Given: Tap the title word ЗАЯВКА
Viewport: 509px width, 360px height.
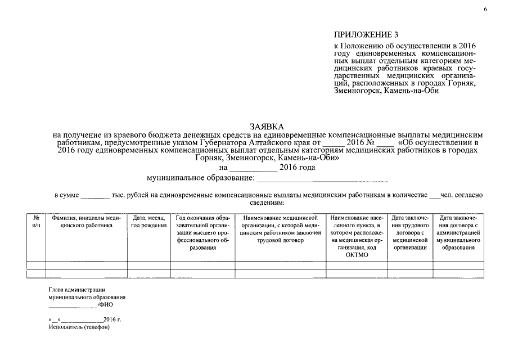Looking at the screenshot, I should pyautogui.click(x=268, y=127).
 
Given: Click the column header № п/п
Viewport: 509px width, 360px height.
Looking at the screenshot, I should pyautogui.click(x=36, y=221).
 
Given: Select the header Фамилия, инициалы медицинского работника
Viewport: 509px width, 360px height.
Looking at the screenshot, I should pyautogui.click(x=86, y=221).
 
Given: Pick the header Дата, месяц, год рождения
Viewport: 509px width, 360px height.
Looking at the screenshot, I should pyautogui.click(x=148, y=221).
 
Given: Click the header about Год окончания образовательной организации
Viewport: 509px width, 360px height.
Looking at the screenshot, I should pyautogui.click(x=203, y=232).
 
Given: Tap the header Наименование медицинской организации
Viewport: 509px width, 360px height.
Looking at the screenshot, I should pyautogui.click(x=280, y=228).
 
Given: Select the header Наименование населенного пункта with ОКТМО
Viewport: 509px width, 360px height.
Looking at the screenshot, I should pyautogui.click(x=357, y=236).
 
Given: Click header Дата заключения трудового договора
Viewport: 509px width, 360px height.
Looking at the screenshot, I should pyautogui.click(x=410, y=232).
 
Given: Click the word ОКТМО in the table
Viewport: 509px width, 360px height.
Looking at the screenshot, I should pyautogui.click(x=357, y=255).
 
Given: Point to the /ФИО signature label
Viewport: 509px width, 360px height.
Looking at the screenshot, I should pyautogui.click(x=105, y=304).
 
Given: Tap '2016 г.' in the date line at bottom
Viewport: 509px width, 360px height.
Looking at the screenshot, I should pyautogui.click(x=112, y=319).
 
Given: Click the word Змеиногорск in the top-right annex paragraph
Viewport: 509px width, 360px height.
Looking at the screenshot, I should pyautogui.click(x=355, y=91).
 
